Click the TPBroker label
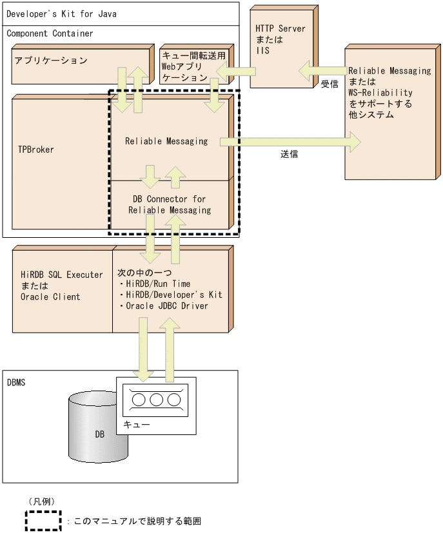pos(35,150)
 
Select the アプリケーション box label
pos(51,61)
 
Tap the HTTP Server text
pos(280,29)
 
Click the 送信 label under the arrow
pos(289,155)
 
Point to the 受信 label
pos(329,84)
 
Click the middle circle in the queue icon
pos(156,400)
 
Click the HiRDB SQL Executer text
pos(61,275)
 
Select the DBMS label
pos(16,382)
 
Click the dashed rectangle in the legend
pos(43,521)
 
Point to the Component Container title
pos(50,34)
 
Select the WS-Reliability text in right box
pos(380,93)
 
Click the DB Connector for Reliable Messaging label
pos(169,204)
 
